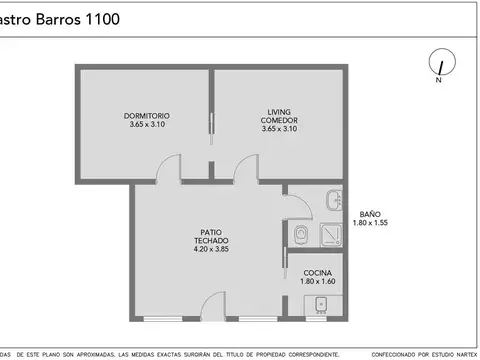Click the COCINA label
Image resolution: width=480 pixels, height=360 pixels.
tap(317, 273)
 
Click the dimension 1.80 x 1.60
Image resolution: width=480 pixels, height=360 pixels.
tap(317, 282)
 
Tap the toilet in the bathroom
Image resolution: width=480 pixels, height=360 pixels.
tap(301, 234)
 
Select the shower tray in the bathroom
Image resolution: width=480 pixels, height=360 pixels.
tap(331, 234)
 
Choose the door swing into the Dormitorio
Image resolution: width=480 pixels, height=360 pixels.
tap(173, 173)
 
